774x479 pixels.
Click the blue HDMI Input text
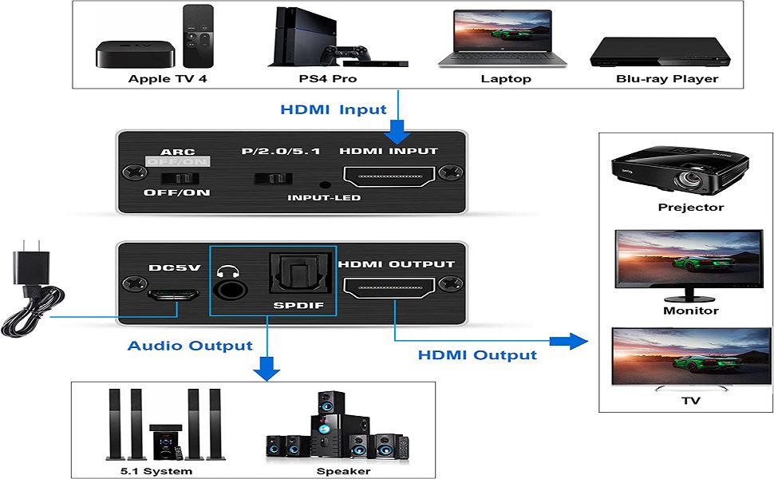tap(333, 109)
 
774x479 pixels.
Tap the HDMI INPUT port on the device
tap(387, 176)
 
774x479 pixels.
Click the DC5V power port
tap(172, 294)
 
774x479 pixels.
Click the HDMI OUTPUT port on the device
tap(387, 289)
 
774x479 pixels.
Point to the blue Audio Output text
tap(190, 346)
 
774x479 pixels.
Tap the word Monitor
tap(691, 311)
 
